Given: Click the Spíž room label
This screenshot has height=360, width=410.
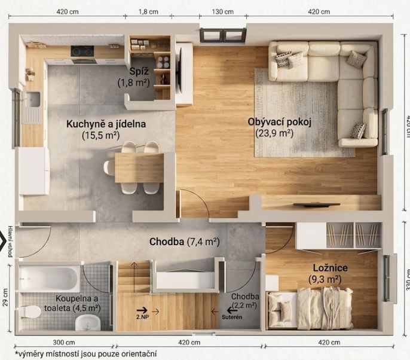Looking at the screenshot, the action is (x=139, y=71).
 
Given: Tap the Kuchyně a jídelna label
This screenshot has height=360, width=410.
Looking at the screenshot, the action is (x=106, y=124).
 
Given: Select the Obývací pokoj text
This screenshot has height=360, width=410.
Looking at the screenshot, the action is (x=280, y=122).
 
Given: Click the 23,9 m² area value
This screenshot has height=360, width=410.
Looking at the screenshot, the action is (x=274, y=133).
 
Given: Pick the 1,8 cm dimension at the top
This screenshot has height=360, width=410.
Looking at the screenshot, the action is (x=148, y=12).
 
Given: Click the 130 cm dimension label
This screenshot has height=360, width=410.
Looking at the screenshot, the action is (x=223, y=12).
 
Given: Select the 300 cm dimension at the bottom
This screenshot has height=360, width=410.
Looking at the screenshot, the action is (x=64, y=343).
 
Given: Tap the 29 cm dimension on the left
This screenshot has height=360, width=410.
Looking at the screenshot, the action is (x=5, y=297).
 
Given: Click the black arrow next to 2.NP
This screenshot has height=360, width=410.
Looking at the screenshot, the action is (x=142, y=310).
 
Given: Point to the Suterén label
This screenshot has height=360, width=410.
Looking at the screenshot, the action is (x=232, y=317).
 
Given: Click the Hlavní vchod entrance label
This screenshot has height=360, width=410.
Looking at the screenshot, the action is (x=10, y=241).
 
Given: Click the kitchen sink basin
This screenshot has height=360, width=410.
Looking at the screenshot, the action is (x=32, y=99).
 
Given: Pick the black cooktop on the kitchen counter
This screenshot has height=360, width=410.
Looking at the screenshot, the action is (x=82, y=51).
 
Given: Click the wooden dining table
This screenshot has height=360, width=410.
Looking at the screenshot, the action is (x=139, y=167).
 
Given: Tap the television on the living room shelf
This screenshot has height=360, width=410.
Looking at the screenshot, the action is (x=317, y=205).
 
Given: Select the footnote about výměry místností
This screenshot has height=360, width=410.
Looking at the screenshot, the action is (x=86, y=354).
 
